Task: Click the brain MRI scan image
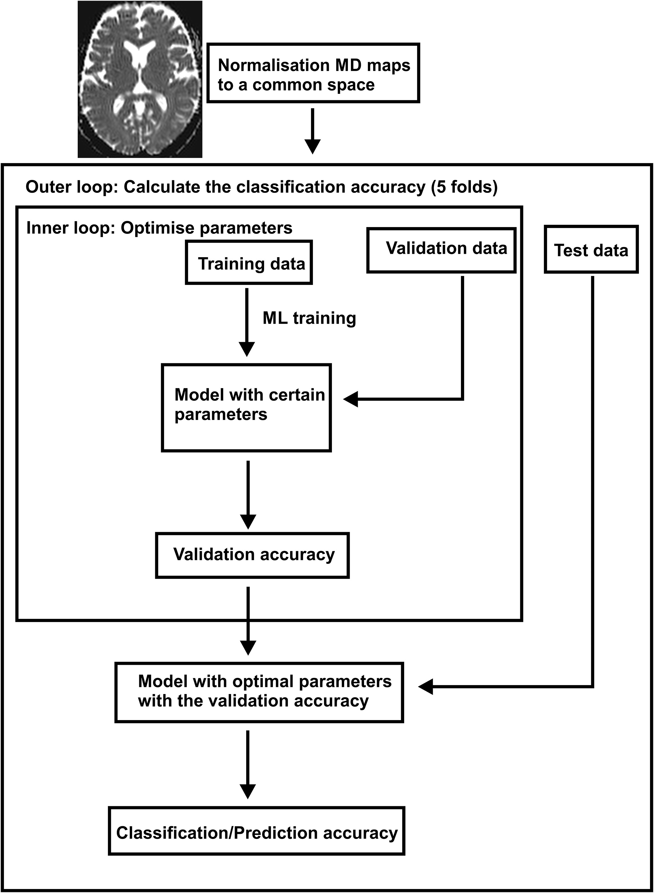(x=140, y=79)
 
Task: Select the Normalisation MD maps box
(x=313, y=73)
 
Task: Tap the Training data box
(x=249, y=262)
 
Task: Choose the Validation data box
(x=441, y=250)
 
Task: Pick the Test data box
(x=591, y=249)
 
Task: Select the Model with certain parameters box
(x=246, y=408)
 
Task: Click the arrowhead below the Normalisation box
(x=313, y=147)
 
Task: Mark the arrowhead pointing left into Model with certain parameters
(x=350, y=399)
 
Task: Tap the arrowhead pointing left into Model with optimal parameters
(x=426, y=687)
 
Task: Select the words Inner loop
(x=70, y=228)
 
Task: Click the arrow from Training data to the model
(x=247, y=322)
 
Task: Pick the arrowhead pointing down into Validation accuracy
(x=248, y=522)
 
